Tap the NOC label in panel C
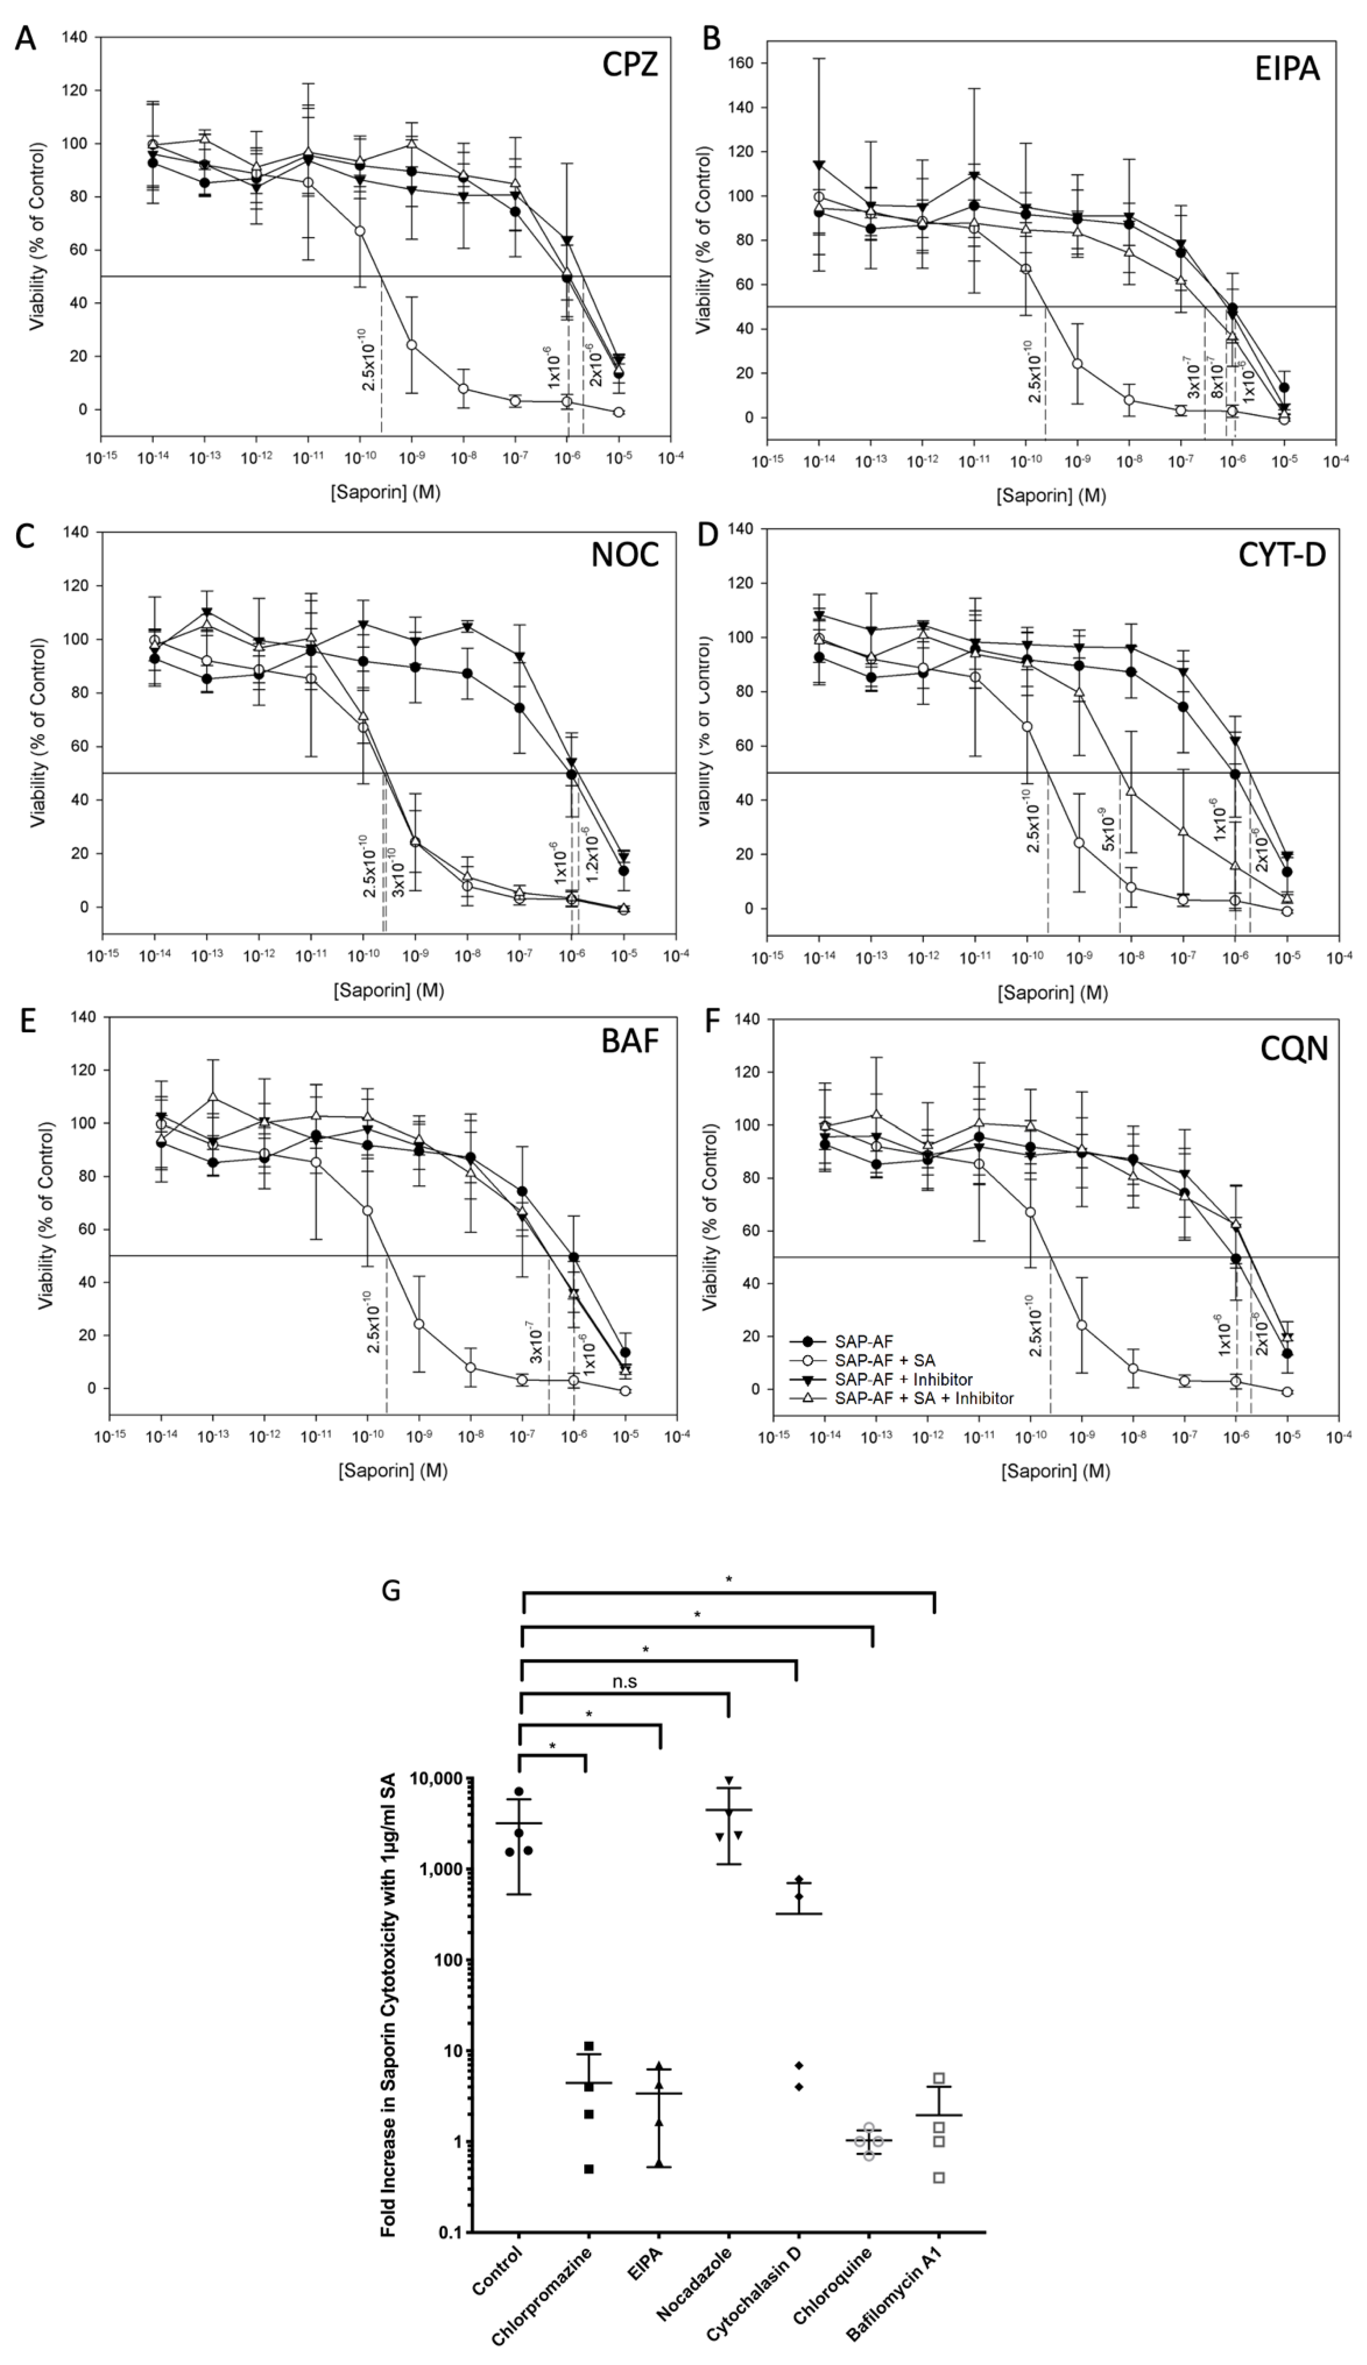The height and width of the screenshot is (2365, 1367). (625, 555)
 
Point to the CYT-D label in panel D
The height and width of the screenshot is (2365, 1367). (1282, 555)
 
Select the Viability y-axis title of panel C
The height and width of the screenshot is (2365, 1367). (38, 732)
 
